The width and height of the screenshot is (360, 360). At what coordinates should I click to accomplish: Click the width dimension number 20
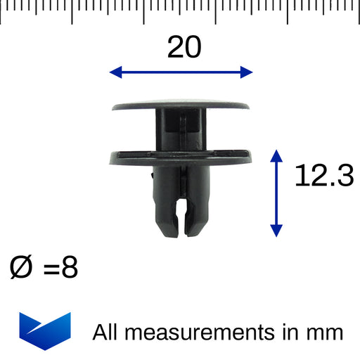coord(184,46)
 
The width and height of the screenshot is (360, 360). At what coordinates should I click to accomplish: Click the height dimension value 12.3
coord(324,175)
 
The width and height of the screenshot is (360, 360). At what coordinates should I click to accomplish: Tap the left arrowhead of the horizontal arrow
coord(116,72)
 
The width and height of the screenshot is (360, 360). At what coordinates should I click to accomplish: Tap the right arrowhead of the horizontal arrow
coord(247,72)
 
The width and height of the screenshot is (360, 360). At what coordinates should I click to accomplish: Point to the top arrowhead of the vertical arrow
coord(276,156)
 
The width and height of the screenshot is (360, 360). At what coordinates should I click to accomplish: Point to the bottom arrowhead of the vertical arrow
coord(276,231)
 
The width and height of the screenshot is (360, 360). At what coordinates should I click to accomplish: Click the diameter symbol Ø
coord(20,267)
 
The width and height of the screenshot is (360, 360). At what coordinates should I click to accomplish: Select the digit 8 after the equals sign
coord(70,267)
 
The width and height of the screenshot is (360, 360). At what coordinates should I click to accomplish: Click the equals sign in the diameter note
coord(51,268)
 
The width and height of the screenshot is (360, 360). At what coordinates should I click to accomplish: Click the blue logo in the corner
coord(45,331)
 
